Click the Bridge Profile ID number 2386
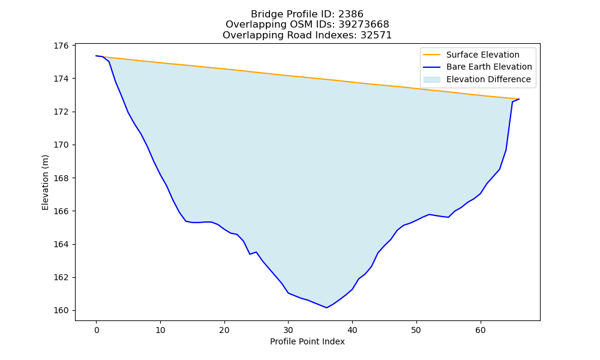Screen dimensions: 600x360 (350, 14)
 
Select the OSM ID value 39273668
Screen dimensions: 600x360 (364, 25)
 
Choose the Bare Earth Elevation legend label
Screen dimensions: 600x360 (489, 67)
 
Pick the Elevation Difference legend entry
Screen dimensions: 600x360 (488, 79)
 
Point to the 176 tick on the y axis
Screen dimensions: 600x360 (61, 46)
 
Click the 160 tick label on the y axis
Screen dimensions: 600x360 (61, 310)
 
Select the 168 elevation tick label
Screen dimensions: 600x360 (61, 178)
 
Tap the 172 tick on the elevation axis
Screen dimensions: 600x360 (61, 112)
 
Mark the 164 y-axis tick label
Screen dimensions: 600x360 (61, 244)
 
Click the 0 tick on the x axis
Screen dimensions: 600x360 (97, 329)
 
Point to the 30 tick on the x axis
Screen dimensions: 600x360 (288, 329)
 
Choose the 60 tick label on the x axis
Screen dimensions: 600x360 (481, 329)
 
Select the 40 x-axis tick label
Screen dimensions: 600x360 (352, 329)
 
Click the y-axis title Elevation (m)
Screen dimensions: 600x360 (45, 182)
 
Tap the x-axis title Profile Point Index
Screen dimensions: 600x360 (307, 341)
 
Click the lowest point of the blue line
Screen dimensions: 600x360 (326, 308)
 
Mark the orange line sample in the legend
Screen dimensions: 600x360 (431, 55)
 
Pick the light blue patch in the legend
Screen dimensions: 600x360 (431, 79)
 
